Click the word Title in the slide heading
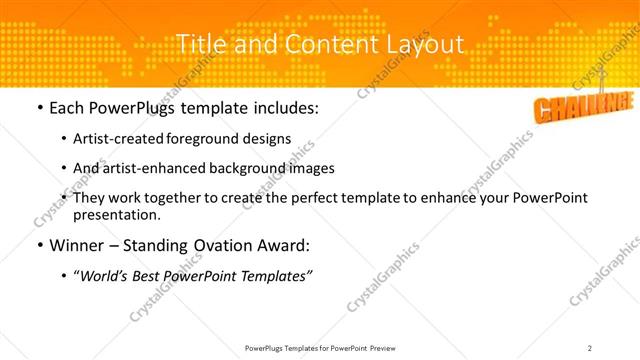[x=198, y=45]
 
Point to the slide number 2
[x=590, y=348]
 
